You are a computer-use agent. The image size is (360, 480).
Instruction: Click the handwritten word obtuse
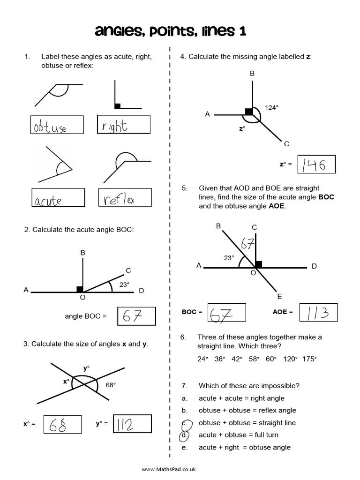[50, 127]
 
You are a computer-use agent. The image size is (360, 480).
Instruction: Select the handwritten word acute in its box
[48, 201]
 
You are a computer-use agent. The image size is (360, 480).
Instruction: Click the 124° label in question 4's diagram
[271, 107]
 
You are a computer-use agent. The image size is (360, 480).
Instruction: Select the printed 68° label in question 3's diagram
[111, 385]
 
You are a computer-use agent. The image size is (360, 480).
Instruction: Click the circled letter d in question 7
[185, 435]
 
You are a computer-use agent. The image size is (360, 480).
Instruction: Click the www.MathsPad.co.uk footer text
[168, 469]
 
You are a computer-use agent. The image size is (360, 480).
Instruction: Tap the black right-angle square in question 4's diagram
[248, 112]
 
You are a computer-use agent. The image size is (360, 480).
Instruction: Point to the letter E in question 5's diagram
[279, 297]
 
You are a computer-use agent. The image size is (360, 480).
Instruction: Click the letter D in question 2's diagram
[141, 291]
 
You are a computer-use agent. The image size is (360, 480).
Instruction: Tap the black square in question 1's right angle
[118, 106]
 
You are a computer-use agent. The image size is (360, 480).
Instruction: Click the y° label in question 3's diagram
[86, 368]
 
